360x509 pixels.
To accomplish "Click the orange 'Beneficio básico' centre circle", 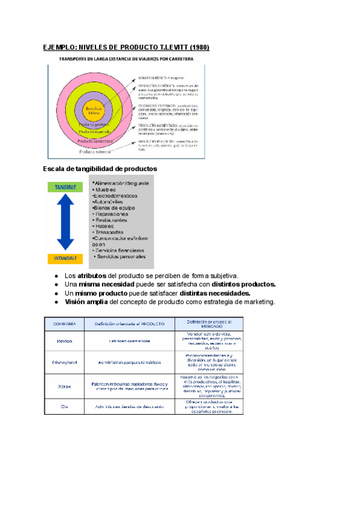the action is [92, 111].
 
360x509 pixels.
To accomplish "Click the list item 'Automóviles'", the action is [109, 202].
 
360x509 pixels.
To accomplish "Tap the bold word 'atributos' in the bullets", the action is [92, 275].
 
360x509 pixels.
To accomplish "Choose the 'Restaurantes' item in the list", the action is [111, 220].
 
